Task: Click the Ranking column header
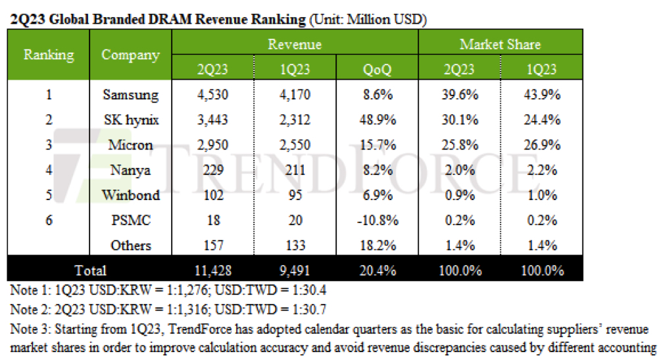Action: click(x=49, y=55)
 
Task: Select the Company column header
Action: click(x=130, y=55)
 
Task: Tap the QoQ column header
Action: click(x=377, y=69)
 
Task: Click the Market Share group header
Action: click(x=500, y=45)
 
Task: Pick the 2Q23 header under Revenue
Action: click(x=212, y=69)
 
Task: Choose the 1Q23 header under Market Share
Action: click(x=541, y=69)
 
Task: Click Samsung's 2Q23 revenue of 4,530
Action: click(x=212, y=95)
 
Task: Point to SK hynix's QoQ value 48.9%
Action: click(x=377, y=120)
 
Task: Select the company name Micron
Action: click(x=130, y=145)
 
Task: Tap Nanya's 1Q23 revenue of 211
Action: click(x=295, y=170)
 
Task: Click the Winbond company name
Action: click(x=130, y=195)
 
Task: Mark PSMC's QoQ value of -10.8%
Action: click(x=377, y=220)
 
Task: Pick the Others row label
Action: click(x=130, y=245)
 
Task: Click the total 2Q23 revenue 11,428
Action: click(x=212, y=270)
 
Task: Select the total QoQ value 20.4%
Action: click(x=377, y=270)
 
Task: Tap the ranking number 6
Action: click(x=49, y=220)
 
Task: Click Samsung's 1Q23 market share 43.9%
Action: click(x=541, y=95)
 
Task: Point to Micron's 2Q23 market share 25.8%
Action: click(x=459, y=145)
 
